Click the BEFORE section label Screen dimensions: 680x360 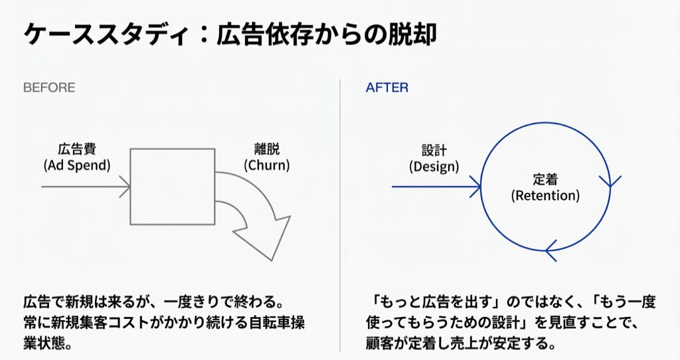click(49, 88)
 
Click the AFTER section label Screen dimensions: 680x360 click(387, 88)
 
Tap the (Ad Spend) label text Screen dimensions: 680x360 click(77, 165)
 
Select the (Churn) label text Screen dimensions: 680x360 click(267, 165)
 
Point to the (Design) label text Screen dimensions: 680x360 click(434, 167)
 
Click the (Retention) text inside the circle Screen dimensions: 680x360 click(545, 196)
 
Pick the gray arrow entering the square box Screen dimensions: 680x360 click(86, 187)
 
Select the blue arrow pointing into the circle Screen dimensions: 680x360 click(436, 187)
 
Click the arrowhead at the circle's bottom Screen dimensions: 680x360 click(551, 250)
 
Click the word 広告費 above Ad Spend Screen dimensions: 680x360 click(77, 149)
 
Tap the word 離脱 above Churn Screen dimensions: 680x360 click(267, 149)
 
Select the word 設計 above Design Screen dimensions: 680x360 click(434, 151)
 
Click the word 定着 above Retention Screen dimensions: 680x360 click(545, 179)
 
